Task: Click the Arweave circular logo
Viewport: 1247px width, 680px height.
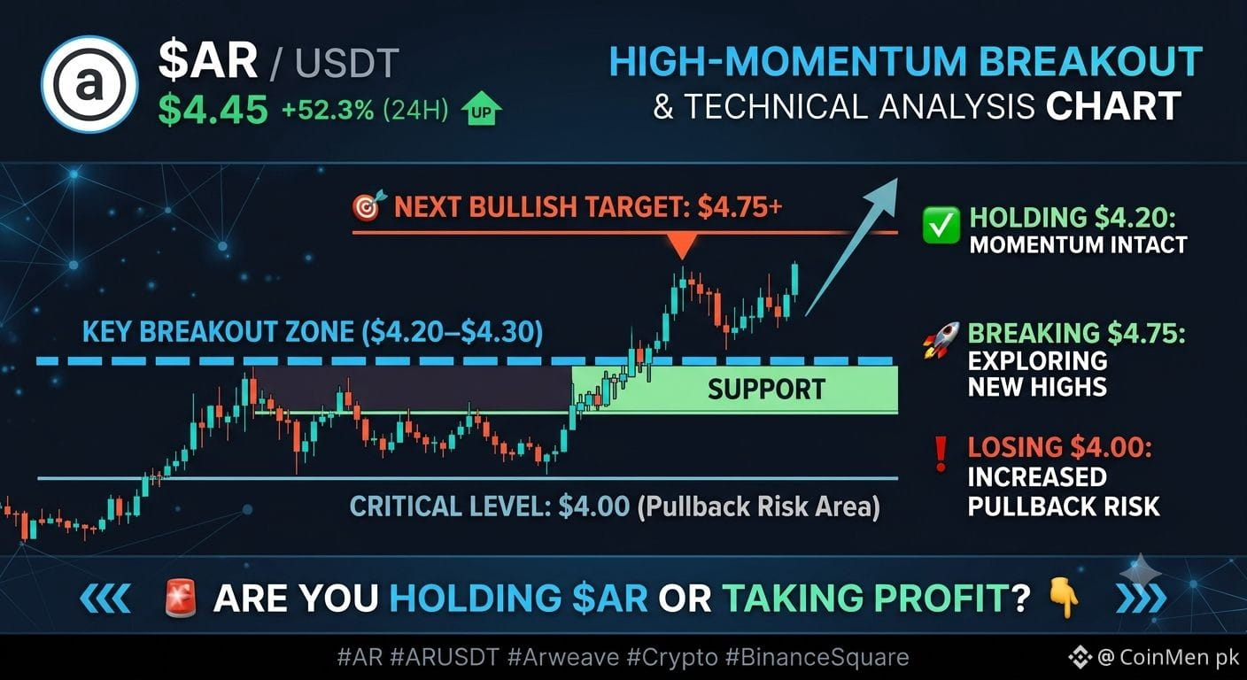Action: pos(89,85)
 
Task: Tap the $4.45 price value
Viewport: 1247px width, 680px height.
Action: pos(213,109)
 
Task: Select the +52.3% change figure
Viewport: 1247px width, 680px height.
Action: pos(328,110)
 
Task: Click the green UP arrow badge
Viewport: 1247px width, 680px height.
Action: pos(482,109)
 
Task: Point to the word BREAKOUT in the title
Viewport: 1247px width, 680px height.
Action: pos(1090,61)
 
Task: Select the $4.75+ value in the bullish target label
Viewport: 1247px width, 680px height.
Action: pos(740,206)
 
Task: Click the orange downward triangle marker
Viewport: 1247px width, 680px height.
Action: pos(682,246)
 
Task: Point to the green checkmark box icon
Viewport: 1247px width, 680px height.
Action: pos(941,225)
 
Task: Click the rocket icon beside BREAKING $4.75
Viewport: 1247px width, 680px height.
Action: pos(941,339)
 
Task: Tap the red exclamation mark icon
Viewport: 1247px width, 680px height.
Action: pos(941,454)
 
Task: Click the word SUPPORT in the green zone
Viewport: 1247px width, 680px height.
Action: pos(767,389)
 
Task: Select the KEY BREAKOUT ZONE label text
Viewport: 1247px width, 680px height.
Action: pos(313,332)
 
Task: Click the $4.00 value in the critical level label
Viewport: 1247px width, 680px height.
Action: pos(594,506)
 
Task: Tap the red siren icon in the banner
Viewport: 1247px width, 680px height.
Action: pos(181,598)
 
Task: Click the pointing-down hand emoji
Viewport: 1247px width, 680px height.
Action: pos(1064,598)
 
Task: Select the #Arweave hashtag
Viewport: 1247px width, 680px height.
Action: pos(562,657)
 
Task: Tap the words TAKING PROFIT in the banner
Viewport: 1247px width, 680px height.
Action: pos(865,599)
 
